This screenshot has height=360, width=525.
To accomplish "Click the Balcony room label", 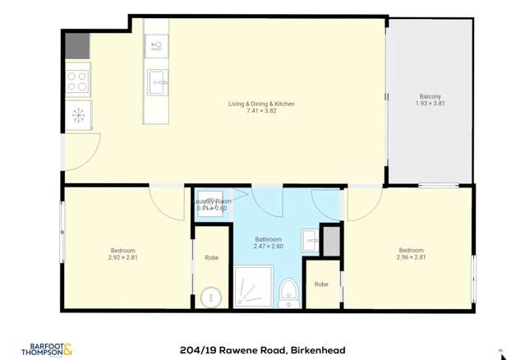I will coord(428,97).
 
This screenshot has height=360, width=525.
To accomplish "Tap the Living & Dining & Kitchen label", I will coord(261,104).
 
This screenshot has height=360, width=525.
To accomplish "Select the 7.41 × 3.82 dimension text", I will coord(261,111).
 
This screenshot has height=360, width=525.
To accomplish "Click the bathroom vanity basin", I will coord(310,241).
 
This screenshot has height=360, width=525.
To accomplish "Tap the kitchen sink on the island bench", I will coord(158,81).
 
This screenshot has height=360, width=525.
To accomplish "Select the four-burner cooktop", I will coord(78,81).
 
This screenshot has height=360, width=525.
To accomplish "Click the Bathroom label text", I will coord(268,239).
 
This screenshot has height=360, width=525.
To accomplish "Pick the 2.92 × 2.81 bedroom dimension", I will coord(122,257).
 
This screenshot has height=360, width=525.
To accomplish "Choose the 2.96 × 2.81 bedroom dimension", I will coord(411,257).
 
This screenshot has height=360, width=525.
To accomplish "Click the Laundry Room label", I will coord(212,201).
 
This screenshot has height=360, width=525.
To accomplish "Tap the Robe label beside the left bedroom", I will coord(211,258).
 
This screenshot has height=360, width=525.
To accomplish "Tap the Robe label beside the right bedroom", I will coord(321,284).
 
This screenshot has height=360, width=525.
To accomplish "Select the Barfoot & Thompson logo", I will coord(51,349).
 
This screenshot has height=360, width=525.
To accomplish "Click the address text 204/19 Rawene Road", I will coord(233,350).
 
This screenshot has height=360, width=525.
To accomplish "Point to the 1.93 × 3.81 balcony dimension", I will coord(428,104).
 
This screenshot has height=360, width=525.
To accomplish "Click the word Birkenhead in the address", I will coord(318,350).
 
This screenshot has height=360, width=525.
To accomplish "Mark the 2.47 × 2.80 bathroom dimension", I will coord(268,247).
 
